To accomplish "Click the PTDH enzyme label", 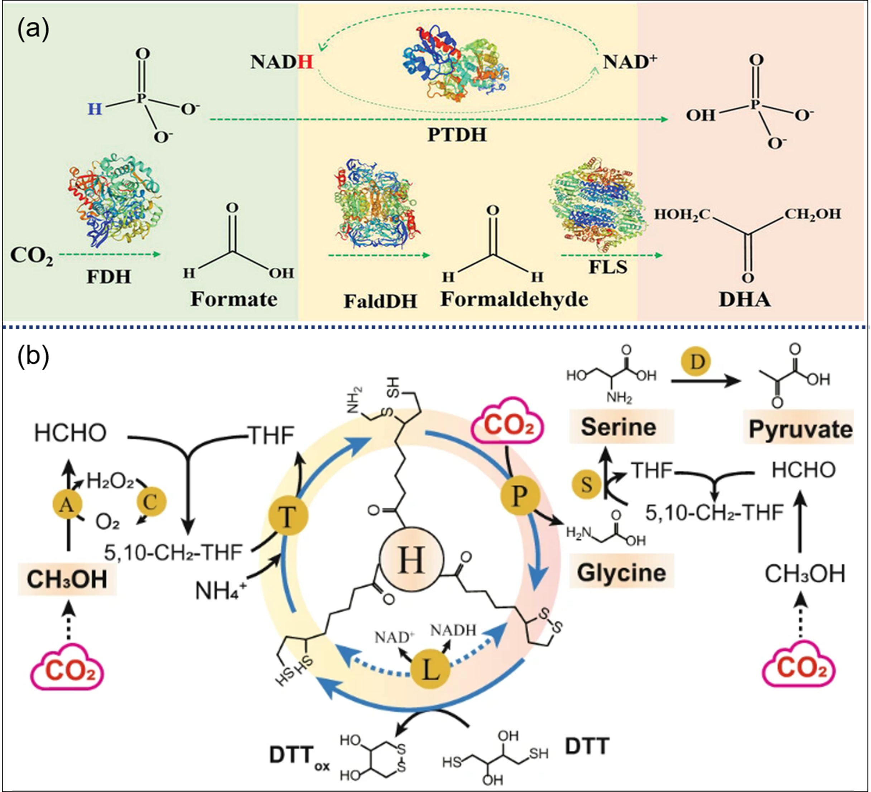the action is click(457, 135).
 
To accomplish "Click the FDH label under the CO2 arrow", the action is click(109, 277).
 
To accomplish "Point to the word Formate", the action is click(234, 299).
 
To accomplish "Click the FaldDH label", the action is click(380, 301).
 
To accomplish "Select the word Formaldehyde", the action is click(514, 299).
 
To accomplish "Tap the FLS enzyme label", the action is click(608, 267).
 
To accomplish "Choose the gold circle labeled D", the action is click(696, 362).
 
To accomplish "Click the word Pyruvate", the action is click(800, 429).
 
